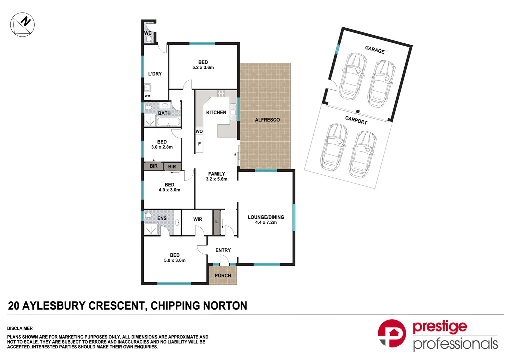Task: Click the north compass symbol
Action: (22, 25)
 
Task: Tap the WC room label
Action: (148, 33)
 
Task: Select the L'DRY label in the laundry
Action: (155, 74)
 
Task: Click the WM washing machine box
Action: (147, 96)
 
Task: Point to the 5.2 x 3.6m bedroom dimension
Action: (203, 67)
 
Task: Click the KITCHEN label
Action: (216, 113)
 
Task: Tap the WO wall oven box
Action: (199, 131)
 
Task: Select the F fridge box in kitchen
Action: (199, 144)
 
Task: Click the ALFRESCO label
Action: (267, 120)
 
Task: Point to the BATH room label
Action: (164, 113)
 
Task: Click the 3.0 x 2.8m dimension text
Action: (162, 147)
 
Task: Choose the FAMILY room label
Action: (216, 174)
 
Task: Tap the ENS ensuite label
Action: (162, 218)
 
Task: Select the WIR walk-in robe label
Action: (197, 219)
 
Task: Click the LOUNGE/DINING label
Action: (266, 217)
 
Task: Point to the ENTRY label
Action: (223, 250)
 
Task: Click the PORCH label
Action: (223, 275)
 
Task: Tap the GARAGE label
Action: (375, 50)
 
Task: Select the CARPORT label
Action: (356, 120)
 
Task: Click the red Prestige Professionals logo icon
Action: (392, 333)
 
